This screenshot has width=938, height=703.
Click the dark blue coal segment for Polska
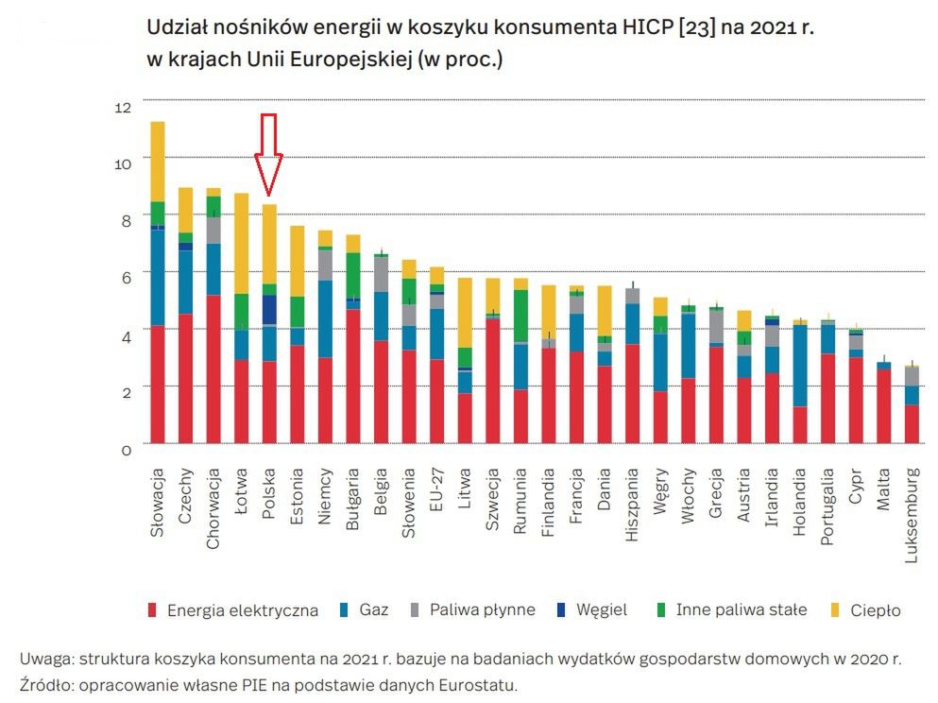(269, 309)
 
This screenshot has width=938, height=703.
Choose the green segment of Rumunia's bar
(520, 316)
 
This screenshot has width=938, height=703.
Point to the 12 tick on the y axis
(122, 108)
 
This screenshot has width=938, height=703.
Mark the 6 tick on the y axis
(125, 277)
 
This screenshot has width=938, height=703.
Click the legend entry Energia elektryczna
(242, 610)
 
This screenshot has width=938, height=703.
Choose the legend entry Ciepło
(874, 610)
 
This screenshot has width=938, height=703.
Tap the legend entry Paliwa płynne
(482, 610)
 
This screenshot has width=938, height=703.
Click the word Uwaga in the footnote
(45, 659)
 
